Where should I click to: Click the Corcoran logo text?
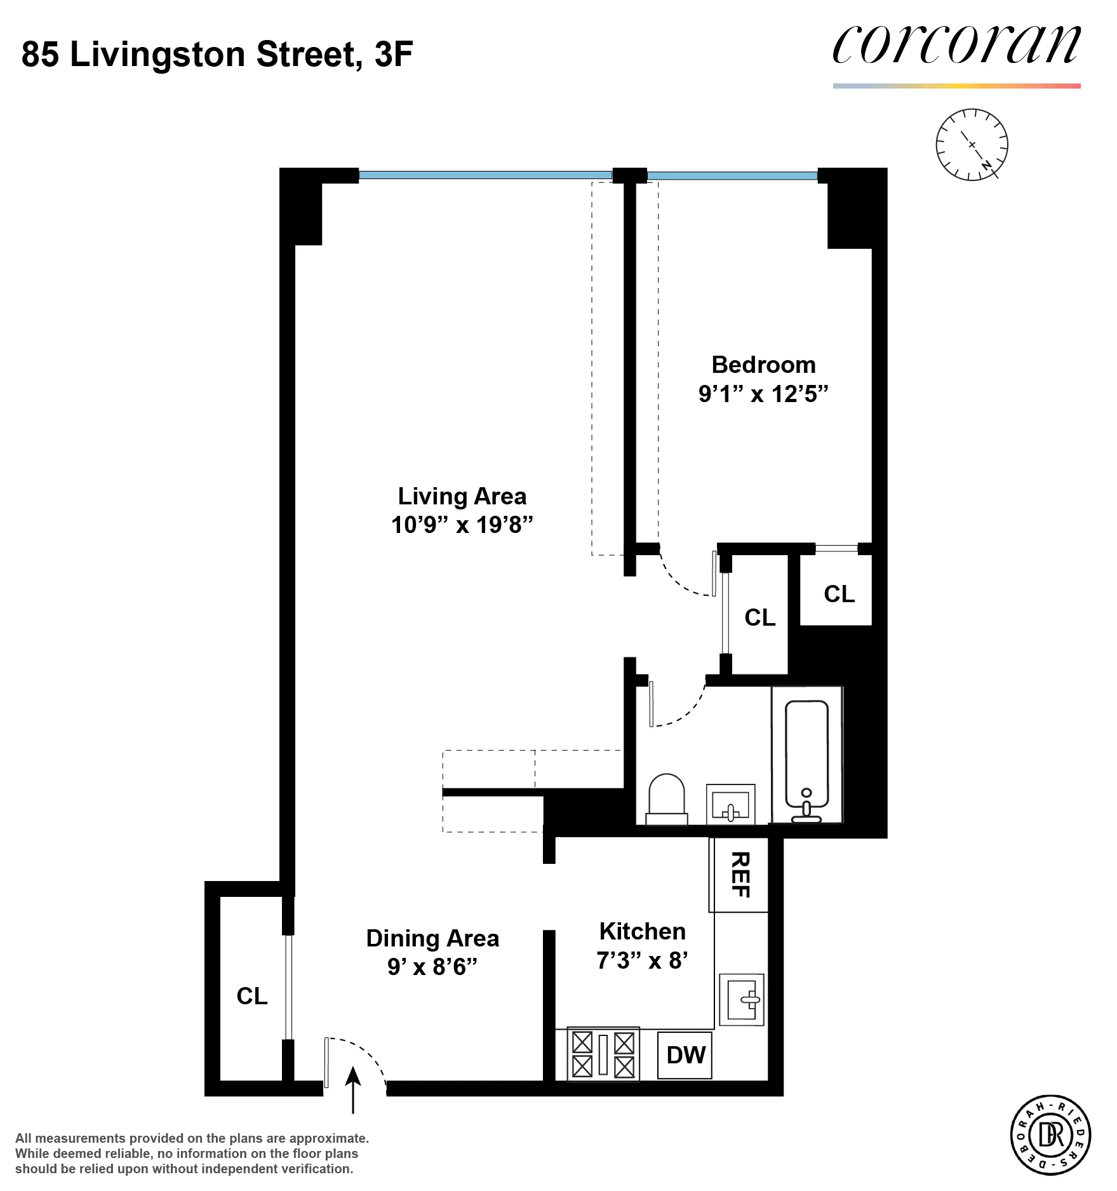click(956, 46)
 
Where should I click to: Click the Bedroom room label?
click(763, 365)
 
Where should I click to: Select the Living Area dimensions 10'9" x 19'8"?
click(462, 525)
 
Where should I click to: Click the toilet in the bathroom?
click(666, 799)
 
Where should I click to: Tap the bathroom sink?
click(730, 805)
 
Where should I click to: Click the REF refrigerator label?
click(740, 875)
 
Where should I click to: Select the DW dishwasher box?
click(685, 1055)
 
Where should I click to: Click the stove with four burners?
click(603, 1054)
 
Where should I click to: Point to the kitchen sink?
click(741, 999)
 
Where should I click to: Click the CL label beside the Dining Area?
click(252, 996)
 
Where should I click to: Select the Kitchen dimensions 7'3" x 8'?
click(642, 960)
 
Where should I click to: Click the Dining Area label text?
click(432, 938)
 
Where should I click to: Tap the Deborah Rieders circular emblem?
click(1050, 1134)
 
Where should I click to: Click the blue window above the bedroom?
click(732, 176)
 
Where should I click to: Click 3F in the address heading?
click(394, 55)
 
